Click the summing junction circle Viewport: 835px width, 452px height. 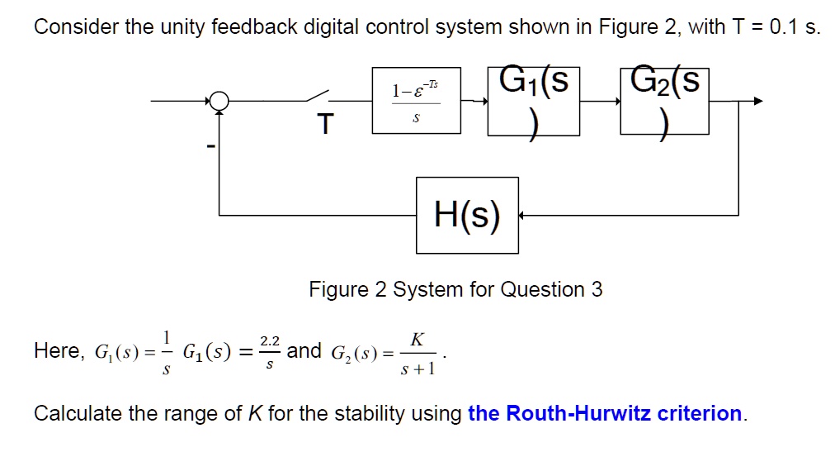click(x=218, y=101)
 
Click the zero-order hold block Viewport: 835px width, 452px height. click(x=416, y=101)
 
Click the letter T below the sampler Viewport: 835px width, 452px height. click(x=326, y=125)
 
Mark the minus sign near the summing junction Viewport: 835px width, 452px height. click(x=210, y=148)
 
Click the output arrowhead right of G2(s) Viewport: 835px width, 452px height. click(x=757, y=101)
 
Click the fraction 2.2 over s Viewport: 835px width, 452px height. click(x=269, y=351)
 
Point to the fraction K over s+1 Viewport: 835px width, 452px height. click(x=417, y=352)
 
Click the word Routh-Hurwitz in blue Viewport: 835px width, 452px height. click(x=578, y=413)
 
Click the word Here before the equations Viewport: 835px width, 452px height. click(x=56, y=351)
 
